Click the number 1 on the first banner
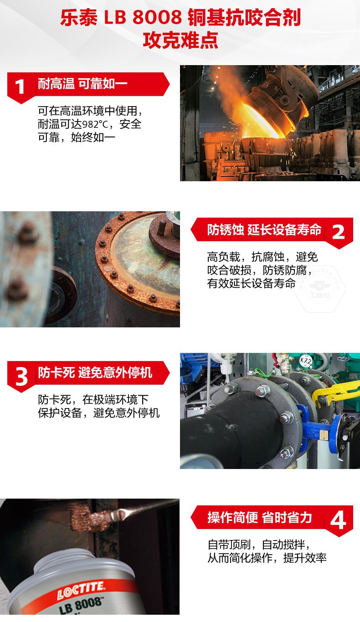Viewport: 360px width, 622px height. coord(20,87)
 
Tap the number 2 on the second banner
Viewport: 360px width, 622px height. coord(338,232)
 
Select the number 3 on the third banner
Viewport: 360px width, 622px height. coord(21,377)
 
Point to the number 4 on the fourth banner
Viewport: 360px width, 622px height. coord(338,520)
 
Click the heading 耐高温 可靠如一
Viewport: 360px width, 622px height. coord(82,83)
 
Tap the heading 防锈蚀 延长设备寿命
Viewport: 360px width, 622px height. coord(264,229)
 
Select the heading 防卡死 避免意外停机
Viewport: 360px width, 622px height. coord(95,372)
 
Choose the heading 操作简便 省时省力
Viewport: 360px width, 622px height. coord(259,518)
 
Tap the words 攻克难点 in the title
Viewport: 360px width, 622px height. coord(180,41)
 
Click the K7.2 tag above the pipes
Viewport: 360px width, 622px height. coord(306,361)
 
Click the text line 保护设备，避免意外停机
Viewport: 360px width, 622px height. coord(99,413)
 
